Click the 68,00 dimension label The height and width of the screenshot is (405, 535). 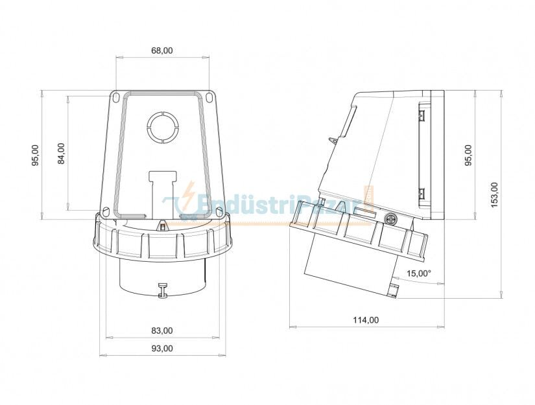coord(162,51)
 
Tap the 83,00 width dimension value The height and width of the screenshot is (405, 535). coord(162,330)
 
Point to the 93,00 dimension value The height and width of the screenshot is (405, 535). coord(162,348)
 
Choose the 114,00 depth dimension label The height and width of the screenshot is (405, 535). coord(366,319)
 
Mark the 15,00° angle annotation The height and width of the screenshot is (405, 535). coord(419,273)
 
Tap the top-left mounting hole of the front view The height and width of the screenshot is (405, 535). coord(115,98)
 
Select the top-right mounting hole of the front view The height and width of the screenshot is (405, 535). coord(209,98)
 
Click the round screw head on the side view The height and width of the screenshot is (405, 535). coord(390,219)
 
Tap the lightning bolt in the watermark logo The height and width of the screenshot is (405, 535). coord(189,194)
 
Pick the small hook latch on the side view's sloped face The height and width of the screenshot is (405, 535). coord(333,140)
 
